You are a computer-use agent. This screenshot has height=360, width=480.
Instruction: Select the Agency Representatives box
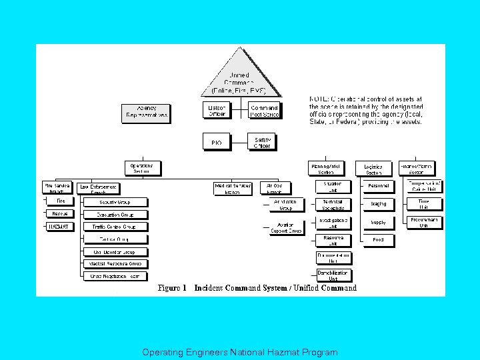[x=145, y=113]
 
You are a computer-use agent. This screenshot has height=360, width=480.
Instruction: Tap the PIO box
[x=217, y=142]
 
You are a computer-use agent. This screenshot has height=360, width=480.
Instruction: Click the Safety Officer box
[x=262, y=142]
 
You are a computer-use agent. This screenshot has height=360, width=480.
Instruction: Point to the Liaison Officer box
[x=217, y=111]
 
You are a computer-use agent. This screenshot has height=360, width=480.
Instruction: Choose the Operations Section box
[x=141, y=168]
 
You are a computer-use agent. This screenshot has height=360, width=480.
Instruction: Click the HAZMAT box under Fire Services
[x=60, y=227]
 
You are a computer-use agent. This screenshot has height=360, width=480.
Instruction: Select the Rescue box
[x=60, y=214]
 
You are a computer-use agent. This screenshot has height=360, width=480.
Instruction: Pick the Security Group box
[x=115, y=202]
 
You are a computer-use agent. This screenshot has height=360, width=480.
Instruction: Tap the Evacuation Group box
[x=115, y=215]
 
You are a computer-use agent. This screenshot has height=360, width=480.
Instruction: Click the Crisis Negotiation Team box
[x=115, y=276]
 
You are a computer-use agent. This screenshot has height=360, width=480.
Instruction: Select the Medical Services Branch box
[x=233, y=189]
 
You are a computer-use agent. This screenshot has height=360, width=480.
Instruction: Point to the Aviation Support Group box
[x=287, y=227]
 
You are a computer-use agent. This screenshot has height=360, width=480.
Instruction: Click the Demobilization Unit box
[x=333, y=275]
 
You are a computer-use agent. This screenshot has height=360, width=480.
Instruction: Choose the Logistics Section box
[x=373, y=169]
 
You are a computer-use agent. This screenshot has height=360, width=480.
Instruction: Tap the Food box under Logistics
[x=378, y=239]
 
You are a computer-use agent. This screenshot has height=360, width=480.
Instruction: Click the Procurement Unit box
[x=424, y=222]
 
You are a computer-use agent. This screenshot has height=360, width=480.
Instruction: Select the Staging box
[x=378, y=204]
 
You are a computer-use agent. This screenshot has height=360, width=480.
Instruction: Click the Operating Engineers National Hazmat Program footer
[x=240, y=352]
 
